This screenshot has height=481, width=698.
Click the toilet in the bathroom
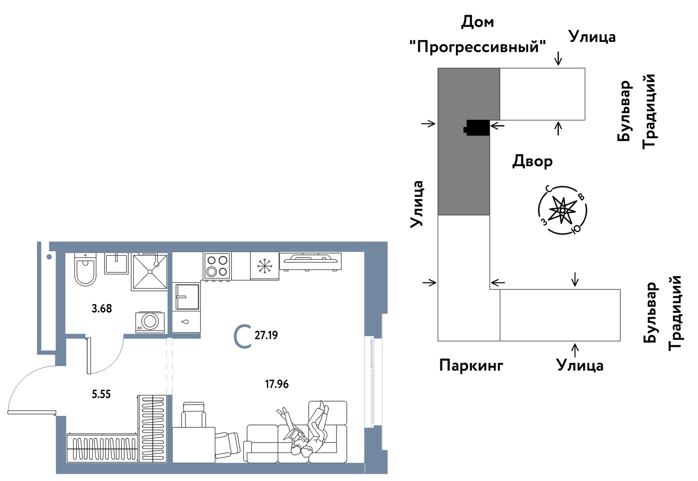tap(85, 270)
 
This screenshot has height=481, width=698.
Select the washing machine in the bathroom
tap(150, 322)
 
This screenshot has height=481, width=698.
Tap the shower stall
tap(149, 272)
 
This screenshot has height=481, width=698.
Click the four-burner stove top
tap(217, 265)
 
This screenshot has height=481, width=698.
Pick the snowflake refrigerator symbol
tap(264, 266)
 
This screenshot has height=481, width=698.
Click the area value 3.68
tap(102, 308)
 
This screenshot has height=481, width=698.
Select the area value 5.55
tap(101, 394)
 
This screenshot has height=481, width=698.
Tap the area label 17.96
tap(277, 384)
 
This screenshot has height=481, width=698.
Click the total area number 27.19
tap(266, 335)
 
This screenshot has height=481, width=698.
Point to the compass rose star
tap(562, 210)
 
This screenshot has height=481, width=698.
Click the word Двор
tap(532, 161)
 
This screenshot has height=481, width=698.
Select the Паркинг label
tap(471, 366)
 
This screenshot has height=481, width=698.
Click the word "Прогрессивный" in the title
tap(478, 46)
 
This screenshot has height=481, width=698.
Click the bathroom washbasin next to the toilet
tap(116, 263)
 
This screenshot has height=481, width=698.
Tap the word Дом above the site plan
tap(477, 22)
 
